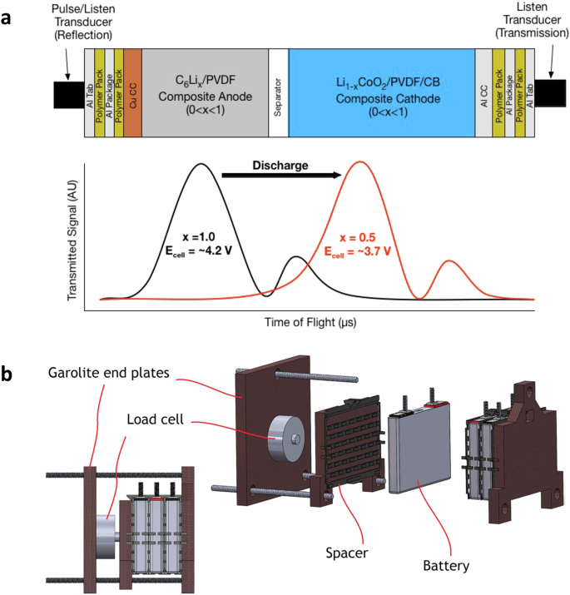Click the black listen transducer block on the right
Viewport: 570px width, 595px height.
[x=550, y=94]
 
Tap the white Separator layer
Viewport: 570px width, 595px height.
[x=279, y=92]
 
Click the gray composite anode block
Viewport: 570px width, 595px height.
[x=206, y=92]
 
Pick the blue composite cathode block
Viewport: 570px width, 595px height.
[x=381, y=92]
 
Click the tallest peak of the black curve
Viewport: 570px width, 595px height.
[x=200, y=164]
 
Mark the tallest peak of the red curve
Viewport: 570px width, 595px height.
[x=359, y=162]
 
